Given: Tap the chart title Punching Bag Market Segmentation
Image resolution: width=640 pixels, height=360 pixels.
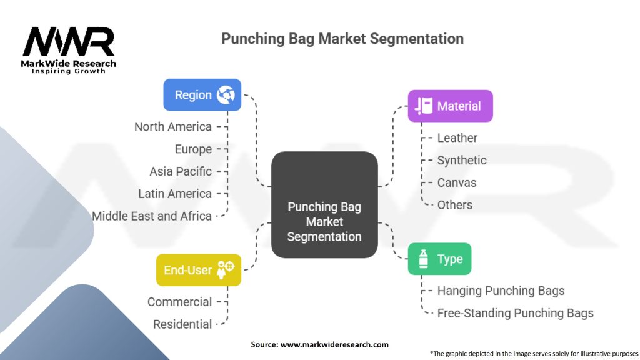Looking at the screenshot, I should click(x=342, y=39).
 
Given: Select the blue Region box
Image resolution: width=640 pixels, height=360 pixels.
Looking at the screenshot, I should click(x=202, y=95).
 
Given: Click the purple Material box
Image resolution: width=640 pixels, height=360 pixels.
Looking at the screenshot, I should click(x=450, y=106).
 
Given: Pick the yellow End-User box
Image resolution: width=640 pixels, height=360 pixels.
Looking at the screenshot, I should click(x=198, y=270).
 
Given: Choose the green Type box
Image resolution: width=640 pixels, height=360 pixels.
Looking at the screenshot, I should click(x=439, y=259).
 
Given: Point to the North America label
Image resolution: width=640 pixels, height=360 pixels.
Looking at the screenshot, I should click(x=173, y=127).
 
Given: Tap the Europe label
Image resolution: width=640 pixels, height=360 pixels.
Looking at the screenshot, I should click(x=193, y=149).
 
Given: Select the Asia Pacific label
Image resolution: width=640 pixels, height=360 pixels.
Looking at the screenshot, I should click(x=181, y=171).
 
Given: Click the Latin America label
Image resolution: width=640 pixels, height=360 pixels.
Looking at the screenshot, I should click(x=175, y=194).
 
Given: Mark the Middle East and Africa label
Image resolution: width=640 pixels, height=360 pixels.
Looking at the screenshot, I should click(x=152, y=216).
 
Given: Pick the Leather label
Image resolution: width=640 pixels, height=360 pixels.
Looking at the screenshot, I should click(x=457, y=138).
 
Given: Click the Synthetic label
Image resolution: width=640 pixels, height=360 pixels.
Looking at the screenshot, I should click(x=462, y=161).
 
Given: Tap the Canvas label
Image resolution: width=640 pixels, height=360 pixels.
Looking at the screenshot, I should click(x=457, y=182).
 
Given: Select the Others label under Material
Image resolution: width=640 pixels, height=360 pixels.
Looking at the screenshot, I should click(x=455, y=205).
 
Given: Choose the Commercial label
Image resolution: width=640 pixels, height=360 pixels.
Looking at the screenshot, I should click(x=180, y=302).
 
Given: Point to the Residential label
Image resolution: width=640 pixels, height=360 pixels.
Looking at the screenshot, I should click(x=182, y=324).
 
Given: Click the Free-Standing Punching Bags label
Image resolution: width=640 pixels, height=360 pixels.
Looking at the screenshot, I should click(x=515, y=313).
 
